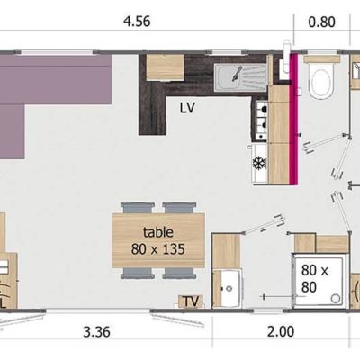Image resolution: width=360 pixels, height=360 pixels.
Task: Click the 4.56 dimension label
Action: (x=137, y=22)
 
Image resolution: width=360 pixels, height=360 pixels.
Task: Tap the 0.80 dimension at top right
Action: (x=322, y=22)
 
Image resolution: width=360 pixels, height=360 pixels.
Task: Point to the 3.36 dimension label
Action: (x=96, y=332)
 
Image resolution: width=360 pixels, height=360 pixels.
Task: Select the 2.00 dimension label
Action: (x=281, y=332)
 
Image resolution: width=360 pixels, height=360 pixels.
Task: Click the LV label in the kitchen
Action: (x=187, y=108)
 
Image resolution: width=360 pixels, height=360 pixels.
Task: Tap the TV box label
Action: (x=191, y=301)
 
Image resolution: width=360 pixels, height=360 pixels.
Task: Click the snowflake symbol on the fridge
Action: (x=257, y=164)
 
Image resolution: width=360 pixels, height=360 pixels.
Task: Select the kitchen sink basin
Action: (x=240, y=78)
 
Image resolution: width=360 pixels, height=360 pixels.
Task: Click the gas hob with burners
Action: (x=261, y=121)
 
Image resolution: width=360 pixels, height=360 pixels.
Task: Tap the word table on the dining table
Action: (x=158, y=232)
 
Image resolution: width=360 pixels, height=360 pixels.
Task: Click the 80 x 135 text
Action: (x=157, y=248)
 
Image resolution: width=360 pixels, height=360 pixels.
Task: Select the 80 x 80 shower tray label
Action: (x=315, y=279)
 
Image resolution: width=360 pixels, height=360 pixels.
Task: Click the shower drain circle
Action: (x=336, y=298)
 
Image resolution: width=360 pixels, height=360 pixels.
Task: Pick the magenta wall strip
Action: (x=293, y=119)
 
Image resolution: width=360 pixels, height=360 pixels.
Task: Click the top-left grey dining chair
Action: (x=138, y=208)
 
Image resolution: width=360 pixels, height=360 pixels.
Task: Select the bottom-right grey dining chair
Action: (x=180, y=273)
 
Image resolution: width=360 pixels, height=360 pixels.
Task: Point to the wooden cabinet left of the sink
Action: (x=165, y=67)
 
